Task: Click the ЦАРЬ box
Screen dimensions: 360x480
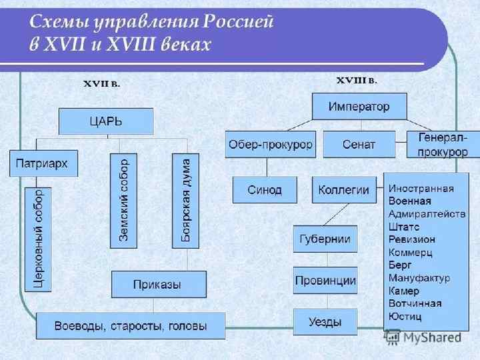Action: pos(106,122)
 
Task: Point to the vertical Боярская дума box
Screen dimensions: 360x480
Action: pos(185,200)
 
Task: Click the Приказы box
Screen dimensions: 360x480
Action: pos(157,285)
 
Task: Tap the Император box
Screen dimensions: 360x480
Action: pos(359,106)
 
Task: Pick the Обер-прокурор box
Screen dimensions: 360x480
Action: pos(270,144)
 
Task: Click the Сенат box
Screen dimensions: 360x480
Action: pos(359,144)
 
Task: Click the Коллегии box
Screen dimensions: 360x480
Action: pos(343,189)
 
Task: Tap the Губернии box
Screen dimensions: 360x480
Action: pos(325,239)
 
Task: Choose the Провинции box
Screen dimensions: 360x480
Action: pos(325,281)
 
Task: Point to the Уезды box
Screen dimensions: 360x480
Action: pos(325,323)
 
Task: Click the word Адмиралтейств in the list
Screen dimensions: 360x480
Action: pos(421,213)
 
